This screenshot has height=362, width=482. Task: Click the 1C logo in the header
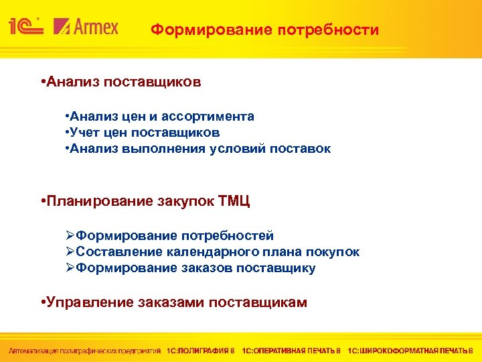coord(25,26)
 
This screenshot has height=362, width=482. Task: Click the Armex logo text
coord(94,27)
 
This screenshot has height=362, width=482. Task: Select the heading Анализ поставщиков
coord(123,82)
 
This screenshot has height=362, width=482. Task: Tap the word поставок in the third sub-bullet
coord(301,149)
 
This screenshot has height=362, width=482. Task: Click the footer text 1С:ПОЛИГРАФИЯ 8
coord(202,351)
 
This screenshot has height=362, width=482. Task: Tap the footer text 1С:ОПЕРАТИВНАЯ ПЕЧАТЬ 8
coord(291,351)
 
